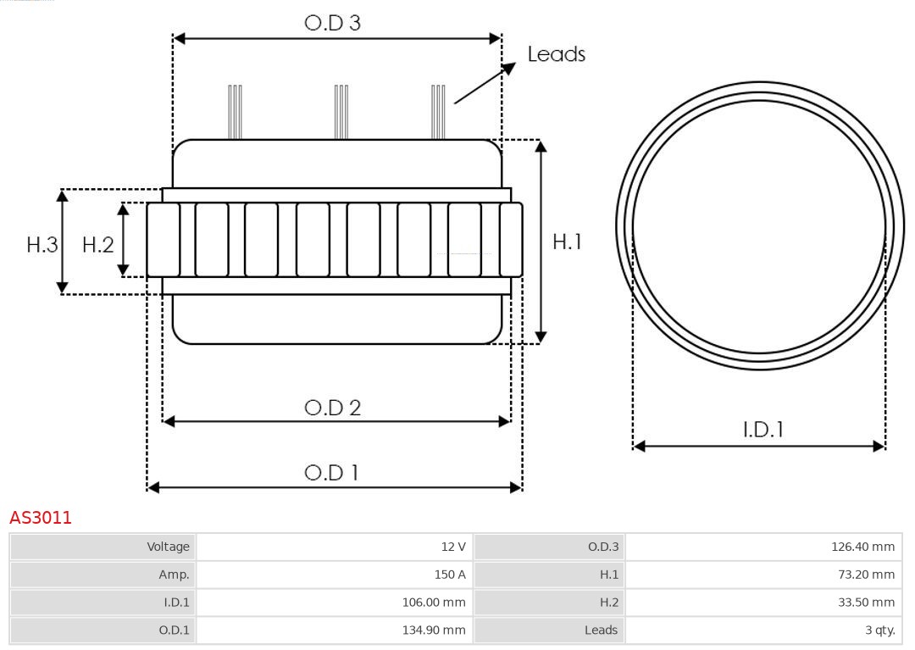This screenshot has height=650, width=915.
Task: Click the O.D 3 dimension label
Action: (x=332, y=23)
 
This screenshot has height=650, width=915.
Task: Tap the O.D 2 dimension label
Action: (x=332, y=408)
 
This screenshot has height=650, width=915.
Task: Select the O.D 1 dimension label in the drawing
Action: (x=331, y=472)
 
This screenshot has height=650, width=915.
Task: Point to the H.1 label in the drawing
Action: (x=567, y=242)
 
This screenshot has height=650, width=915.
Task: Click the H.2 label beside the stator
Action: (x=97, y=245)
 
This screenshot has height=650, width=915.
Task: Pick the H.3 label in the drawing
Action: (x=42, y=245)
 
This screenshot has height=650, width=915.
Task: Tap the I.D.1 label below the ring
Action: (x=762, y=430)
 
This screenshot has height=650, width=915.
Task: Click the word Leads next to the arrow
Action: (x=556, y=54)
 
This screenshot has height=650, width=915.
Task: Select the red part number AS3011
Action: (x=41, y=518)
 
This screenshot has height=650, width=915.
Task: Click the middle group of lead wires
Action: (x=341, y=111)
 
